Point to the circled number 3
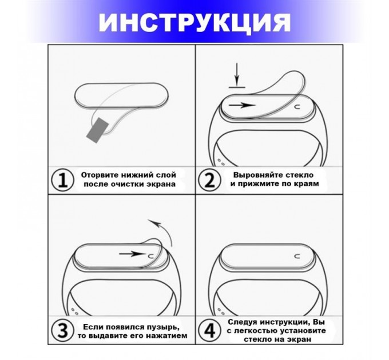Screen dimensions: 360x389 (61, 330)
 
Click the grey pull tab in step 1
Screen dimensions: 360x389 (97, 130)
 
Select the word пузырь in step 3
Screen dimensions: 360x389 (157, 326)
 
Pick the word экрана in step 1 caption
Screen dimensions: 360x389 (160, 185)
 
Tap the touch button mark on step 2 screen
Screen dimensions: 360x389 (296, 106)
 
